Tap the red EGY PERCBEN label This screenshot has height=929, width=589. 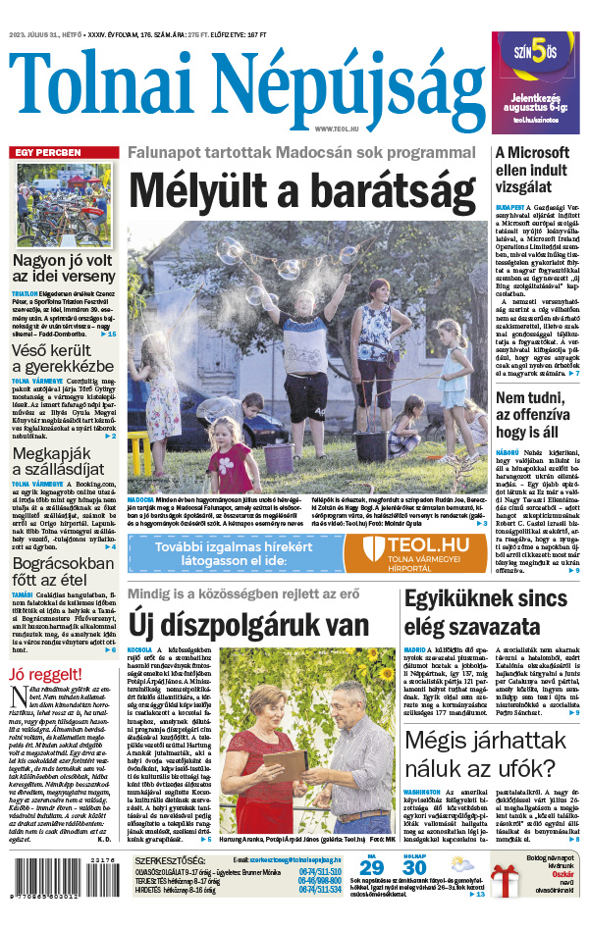click(x=48, y=153)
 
